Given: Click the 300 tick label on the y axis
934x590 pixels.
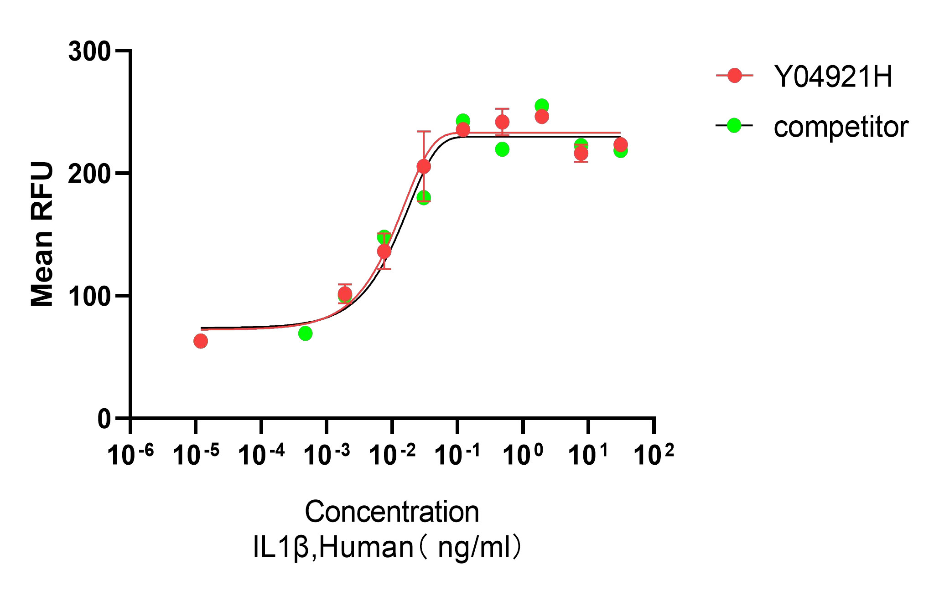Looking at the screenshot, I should point(89,51).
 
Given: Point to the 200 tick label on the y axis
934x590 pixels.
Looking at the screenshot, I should point(89,174).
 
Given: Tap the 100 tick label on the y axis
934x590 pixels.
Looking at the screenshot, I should point(89,296).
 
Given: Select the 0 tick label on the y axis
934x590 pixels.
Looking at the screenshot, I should point(104,419).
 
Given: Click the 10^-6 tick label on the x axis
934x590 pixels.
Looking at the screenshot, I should point(130,455).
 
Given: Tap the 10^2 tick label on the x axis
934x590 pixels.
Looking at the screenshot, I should point(654,455).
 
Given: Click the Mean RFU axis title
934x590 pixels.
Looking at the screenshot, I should point(42,234).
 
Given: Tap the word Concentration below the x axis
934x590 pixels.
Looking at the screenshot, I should point(392,512).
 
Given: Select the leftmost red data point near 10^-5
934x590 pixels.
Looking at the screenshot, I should point(201,341).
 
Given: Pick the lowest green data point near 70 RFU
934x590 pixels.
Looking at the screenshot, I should point(306,333).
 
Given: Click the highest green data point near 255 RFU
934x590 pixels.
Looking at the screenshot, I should point(541,106).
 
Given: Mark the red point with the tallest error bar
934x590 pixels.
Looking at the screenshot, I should point(424,167).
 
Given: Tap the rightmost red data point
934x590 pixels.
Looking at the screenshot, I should point(620,145).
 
